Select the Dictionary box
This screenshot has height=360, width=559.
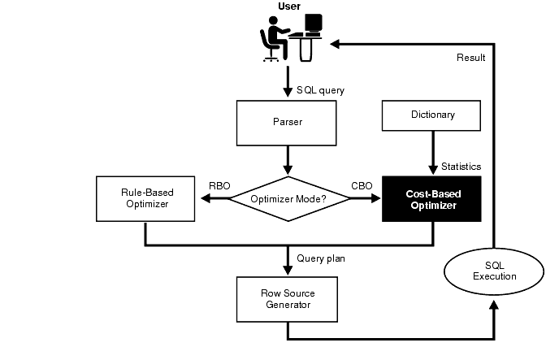[432, 115]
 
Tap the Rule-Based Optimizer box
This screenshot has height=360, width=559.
[145, 198]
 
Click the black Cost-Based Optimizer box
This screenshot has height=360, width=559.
[432, 199]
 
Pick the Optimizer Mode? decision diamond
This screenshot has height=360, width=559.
[288, 198]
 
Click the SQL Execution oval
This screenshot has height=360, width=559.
[494, 271]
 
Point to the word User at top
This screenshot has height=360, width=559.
[289, 7]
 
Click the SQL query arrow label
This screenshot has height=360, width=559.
[320, 89]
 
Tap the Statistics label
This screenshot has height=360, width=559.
[461, 167]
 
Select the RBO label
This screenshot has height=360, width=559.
[219, 186]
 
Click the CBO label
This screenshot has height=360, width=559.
[362, 186]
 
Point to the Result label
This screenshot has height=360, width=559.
[470, 58]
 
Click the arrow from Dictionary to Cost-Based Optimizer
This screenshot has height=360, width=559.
[432, 154]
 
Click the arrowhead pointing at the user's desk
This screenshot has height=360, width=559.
[336, 45]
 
